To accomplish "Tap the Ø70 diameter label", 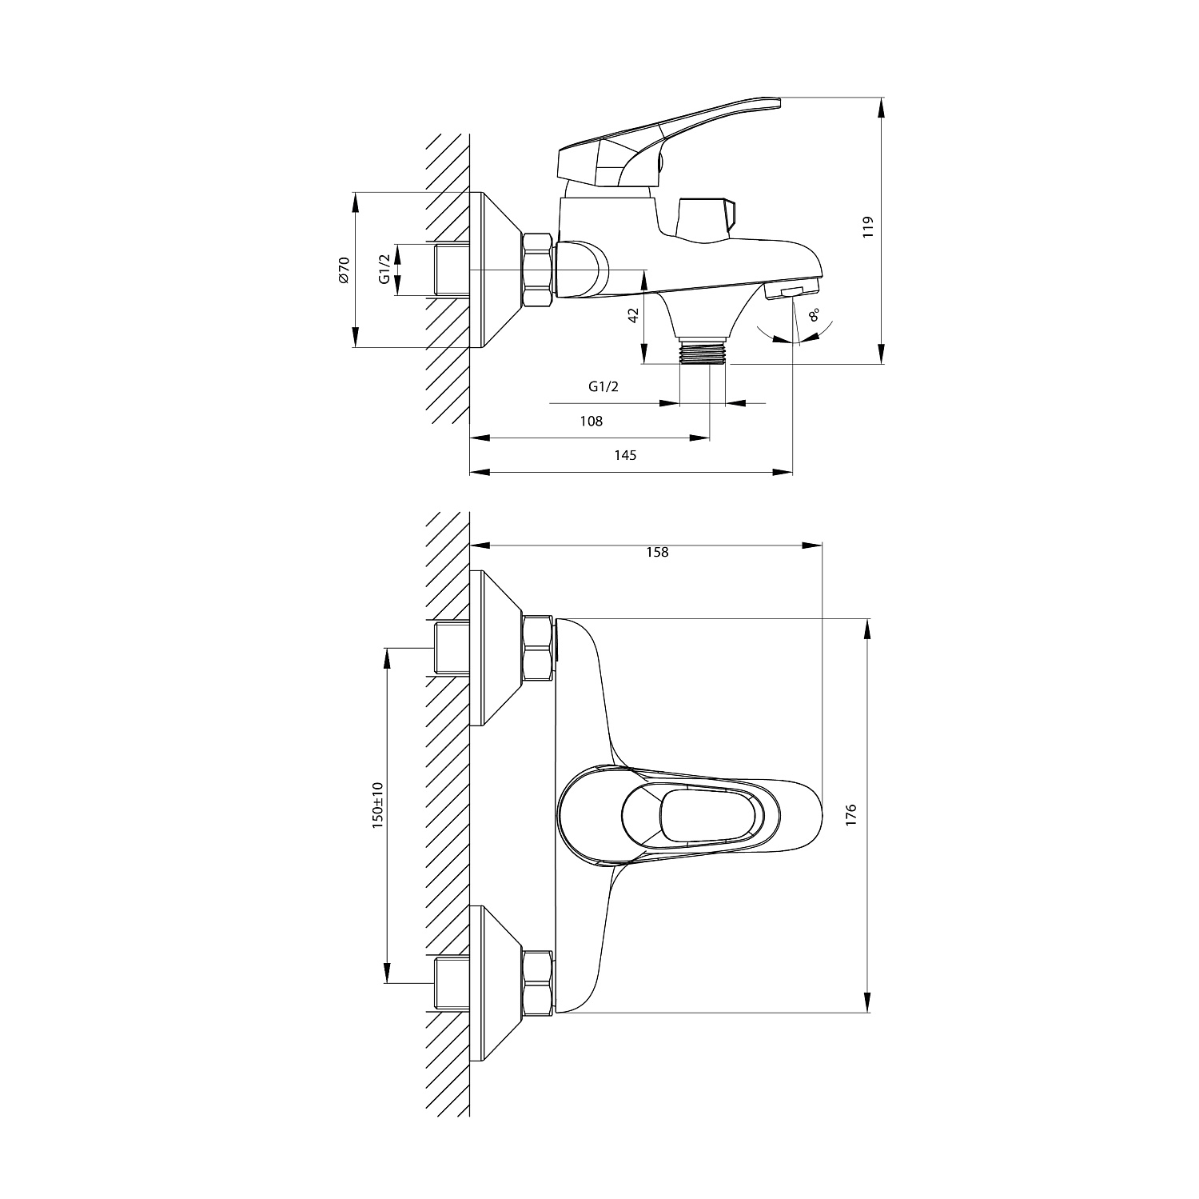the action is [345, 270].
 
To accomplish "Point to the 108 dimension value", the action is [592, 422].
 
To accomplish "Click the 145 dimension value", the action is [625, 455].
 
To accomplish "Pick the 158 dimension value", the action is [657, 552].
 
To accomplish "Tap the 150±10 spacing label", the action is [378, 805].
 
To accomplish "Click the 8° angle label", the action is [815, 314].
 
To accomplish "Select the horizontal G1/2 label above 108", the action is [603, 387].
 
